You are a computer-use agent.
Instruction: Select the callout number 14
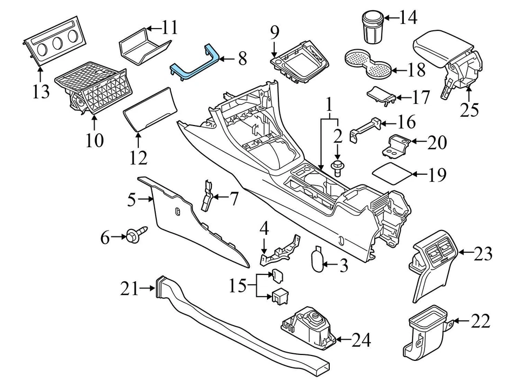409,18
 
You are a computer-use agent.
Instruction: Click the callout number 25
470,109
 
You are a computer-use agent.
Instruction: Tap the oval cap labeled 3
319,259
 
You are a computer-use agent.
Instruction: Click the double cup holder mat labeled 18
368,62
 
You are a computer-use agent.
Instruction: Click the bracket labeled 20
400,144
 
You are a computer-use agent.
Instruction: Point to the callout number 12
138,157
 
